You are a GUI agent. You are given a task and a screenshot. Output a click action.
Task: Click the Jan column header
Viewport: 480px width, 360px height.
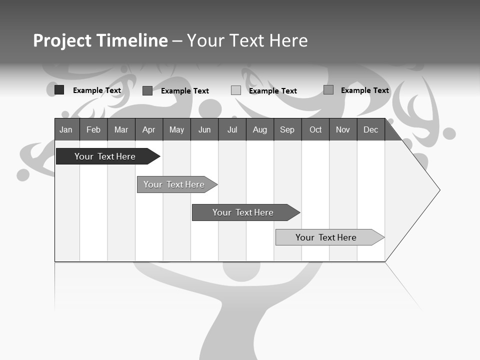[x=66, y=129]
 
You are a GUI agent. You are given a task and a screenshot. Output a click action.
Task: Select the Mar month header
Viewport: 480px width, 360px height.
[x=121, y=129]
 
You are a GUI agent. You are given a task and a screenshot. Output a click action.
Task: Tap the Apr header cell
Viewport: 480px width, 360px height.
[x=149, y=129]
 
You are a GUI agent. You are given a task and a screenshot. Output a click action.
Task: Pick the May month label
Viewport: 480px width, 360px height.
[x=176, y=129]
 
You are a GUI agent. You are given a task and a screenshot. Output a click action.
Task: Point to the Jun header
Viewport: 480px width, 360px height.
[x=204, y=129]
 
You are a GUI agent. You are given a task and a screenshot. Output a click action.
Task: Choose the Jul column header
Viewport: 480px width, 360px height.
[x=232, y=129]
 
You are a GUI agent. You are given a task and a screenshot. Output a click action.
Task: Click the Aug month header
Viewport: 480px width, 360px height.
[x=260, y=129]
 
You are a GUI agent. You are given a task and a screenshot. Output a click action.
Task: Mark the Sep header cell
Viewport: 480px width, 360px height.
[x=287, y=129]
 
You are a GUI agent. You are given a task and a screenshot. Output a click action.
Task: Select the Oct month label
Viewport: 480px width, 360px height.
[x=315, y=129]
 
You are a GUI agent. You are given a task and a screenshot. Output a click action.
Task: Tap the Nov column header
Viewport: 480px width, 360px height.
[x=343, y=129]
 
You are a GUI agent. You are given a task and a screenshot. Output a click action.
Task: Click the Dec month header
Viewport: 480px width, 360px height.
[x=371, y=129]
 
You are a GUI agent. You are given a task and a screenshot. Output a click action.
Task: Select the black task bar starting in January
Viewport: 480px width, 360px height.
[x=105, y=156]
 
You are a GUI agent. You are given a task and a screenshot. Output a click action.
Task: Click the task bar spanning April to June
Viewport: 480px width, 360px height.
[x=174, y=184]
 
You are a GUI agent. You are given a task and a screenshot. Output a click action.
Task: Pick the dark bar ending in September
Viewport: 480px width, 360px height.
[x=243, y=212]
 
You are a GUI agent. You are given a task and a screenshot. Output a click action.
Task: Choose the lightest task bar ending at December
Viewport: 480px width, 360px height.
[x=326, y=237]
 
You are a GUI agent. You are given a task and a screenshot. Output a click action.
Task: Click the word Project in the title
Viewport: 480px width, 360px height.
[x=62, y=40]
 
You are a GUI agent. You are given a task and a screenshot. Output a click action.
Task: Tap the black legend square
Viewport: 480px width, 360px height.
[x=59, y=90]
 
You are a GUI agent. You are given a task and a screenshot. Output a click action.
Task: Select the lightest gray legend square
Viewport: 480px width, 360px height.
[x=236, y=90]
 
